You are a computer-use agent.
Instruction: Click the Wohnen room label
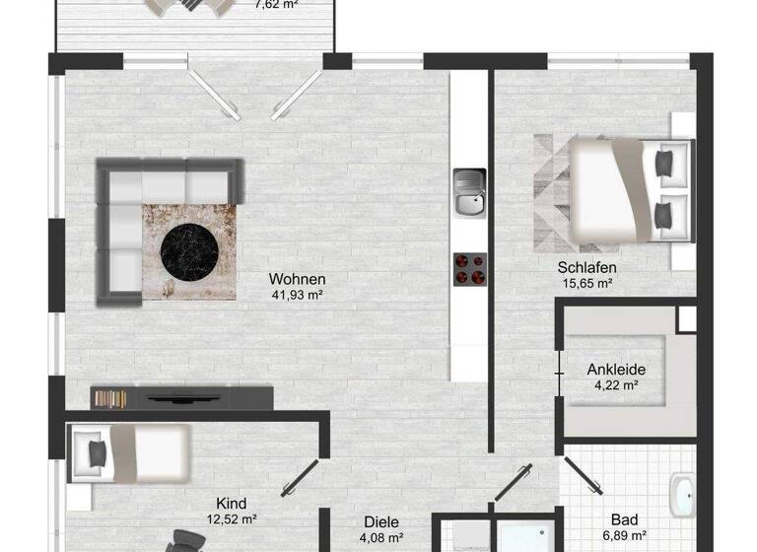coord(297,279)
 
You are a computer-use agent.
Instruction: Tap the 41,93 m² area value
coord(297,294)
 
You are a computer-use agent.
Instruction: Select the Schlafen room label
coord(586,267)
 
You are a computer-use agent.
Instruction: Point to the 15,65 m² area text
coord(586,283)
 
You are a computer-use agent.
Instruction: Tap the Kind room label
coord(231,503)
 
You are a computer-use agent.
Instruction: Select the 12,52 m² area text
coord(231,518)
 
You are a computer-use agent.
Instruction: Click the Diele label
coord(380,522)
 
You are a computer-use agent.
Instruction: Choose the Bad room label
coord(624,519)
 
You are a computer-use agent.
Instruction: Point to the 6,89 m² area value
coord(624,536)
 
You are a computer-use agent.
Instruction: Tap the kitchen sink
coord(470,193)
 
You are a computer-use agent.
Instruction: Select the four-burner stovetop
coord(470,268)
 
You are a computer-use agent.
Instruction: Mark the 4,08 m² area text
coord(380,538)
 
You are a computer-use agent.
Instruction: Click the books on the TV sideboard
coord(110,398)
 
